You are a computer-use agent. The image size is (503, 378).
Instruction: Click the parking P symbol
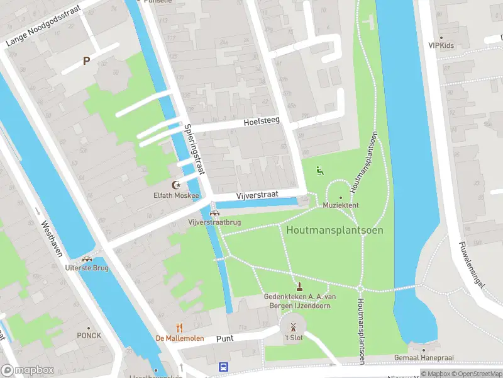coord(87,61)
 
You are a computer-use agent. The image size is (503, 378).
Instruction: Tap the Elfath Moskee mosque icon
coord(177,185)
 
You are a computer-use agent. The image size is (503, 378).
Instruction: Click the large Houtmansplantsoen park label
coord(334,230)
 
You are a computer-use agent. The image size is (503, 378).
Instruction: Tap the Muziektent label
coord(341,205)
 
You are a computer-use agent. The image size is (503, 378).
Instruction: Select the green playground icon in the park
coord(319,169)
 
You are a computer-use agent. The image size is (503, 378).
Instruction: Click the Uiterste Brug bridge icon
coord(87,259)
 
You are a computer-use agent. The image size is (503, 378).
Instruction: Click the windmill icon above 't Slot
coord(292,327)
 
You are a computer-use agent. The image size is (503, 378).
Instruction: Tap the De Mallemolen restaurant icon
coord(179,327)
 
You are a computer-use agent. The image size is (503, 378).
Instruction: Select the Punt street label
coord(224,339)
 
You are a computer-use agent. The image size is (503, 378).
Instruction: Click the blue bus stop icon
coord(223,367)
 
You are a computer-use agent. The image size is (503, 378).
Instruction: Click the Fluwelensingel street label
coord(472,265)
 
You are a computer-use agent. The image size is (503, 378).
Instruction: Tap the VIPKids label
coord(441,45)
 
